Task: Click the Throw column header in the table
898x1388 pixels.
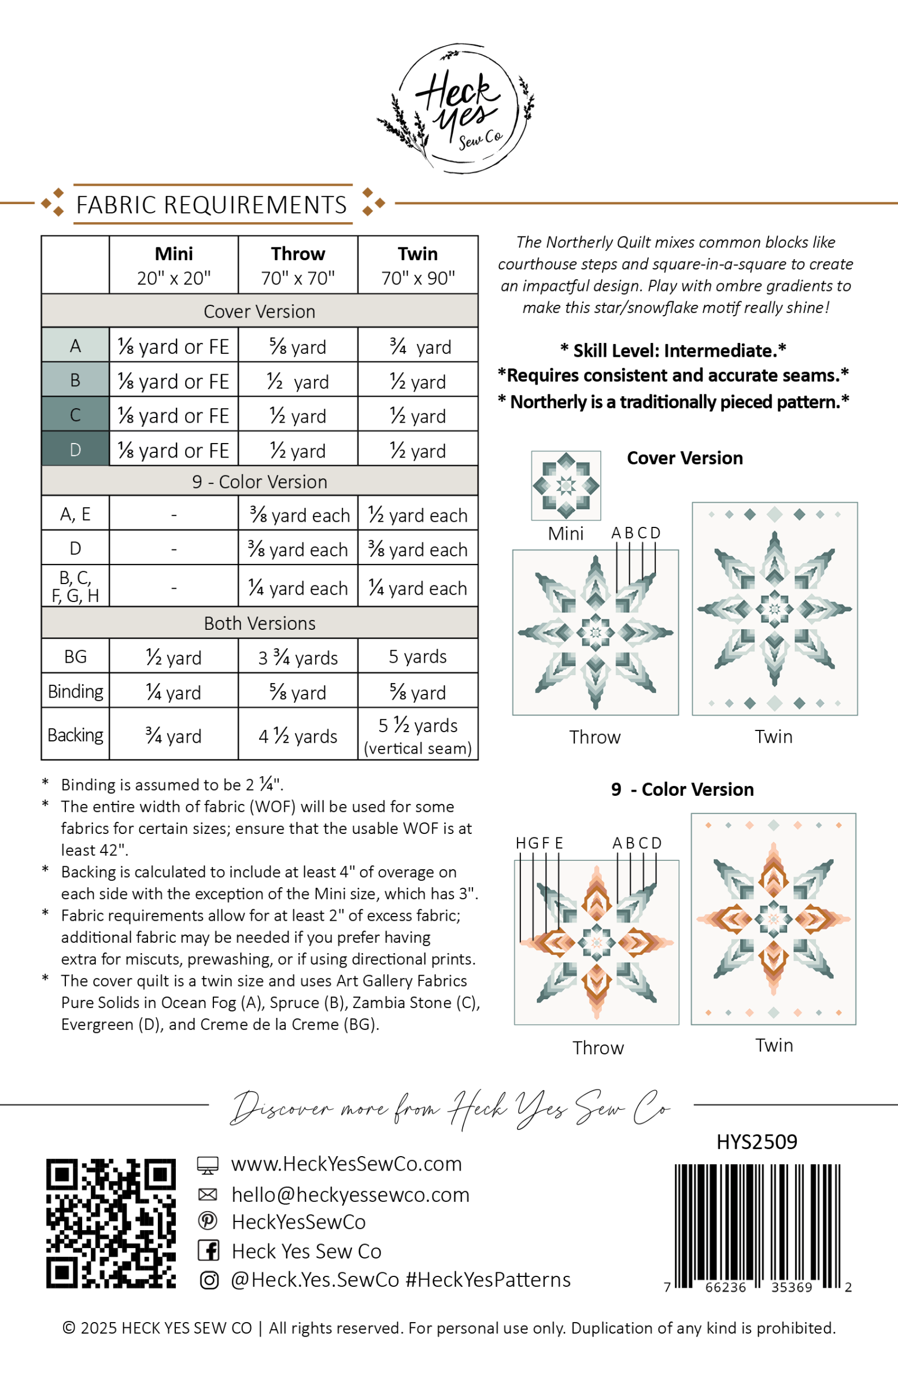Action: click(297, 265)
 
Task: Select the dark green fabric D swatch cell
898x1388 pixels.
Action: click(75, 449)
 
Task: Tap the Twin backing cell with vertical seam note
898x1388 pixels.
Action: click(417, 735)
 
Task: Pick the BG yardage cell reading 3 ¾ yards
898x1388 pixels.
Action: click(297, 657)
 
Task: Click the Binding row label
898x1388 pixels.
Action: click(75, 692)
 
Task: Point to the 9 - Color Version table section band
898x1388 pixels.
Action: click(260, 482)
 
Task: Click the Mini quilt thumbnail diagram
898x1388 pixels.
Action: click(566, 485)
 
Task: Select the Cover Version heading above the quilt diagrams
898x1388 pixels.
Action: click(685, 459)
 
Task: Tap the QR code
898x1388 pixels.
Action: click(111, 1224)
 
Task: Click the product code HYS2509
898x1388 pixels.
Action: click(756, 1142)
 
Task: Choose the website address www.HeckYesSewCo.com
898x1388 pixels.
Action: click(346, 1164)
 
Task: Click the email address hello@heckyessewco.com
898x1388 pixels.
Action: click(350, 1195)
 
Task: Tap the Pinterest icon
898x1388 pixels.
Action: click(208, 1221)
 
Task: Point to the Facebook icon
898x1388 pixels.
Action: click(208, 1250)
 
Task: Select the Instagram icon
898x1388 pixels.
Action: click(209, 1280)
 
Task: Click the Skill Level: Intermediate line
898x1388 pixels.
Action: click(673, 350)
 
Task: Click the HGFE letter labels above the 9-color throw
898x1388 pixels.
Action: click(539, 843)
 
